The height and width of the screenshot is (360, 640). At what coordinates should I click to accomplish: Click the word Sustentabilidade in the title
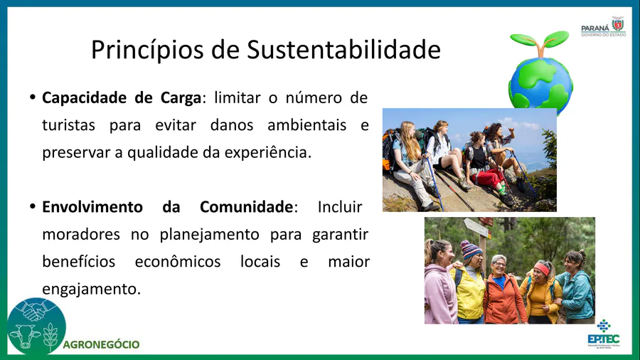pyautogui.click(x=343, y=49)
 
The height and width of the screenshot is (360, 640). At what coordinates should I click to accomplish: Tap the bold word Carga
pyautogui.click(x=181, y=98)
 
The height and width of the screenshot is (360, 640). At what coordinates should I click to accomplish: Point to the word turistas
pyautogui.click(x=68, y=125)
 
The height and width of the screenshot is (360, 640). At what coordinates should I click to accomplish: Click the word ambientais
pyautogui.click(x=307, y=125)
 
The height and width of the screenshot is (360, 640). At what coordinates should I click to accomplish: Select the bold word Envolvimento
pyautogui.click(x=92, y=207)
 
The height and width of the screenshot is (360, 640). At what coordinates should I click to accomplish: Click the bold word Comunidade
pyautogui.click(x=247, y=207)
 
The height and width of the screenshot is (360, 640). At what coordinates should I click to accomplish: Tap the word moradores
pyautogui.click(x=81, y=235)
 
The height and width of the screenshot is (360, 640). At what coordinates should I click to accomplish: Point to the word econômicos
pyautogui.click(x=178, y=262)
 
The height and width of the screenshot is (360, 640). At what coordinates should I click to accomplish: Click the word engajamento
pyautogui.click(x=92, y=290)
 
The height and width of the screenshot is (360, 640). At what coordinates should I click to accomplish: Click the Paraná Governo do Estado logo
pyautogui.click(x=603, y=27)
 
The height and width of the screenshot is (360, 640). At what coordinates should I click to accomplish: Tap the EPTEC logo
pyautogui.click(x=604, y=334)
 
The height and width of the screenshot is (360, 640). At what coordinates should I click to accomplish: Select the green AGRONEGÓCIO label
pyautogui.click(x=101, y=345)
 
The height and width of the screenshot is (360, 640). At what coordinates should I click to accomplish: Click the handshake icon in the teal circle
pyautogui.click(x=37, y=309)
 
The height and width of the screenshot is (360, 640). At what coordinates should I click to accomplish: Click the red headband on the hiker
pyautogui.click(x=543, y=268)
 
